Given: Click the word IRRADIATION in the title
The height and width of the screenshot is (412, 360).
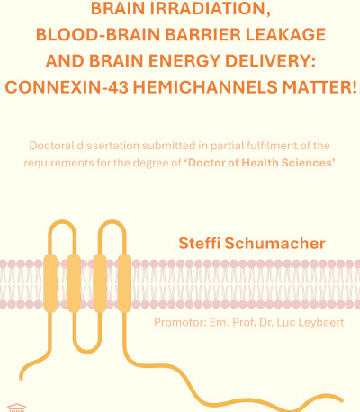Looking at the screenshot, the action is [211, 9].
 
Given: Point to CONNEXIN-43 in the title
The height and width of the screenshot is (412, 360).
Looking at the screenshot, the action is [67, 87].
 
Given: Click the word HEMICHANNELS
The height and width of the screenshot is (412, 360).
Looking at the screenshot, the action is [205, 87].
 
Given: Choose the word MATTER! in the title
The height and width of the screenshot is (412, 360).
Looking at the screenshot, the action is [319, 87].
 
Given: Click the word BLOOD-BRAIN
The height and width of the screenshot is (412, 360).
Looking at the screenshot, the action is [98, 35].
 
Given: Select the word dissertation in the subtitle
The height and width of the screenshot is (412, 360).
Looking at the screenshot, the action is [108, 146].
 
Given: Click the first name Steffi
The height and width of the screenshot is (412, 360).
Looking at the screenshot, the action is [199, 243].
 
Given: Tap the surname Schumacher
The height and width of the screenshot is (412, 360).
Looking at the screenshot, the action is [275, 243].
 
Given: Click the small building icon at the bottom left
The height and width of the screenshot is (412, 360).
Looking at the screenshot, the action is [17, 408].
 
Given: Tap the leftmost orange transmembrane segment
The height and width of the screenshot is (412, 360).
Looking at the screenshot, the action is [50, 283].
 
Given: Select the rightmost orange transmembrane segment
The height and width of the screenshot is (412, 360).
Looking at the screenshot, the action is [124, 283].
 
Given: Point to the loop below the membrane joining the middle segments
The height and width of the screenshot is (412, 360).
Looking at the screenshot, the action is [87, 351].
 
